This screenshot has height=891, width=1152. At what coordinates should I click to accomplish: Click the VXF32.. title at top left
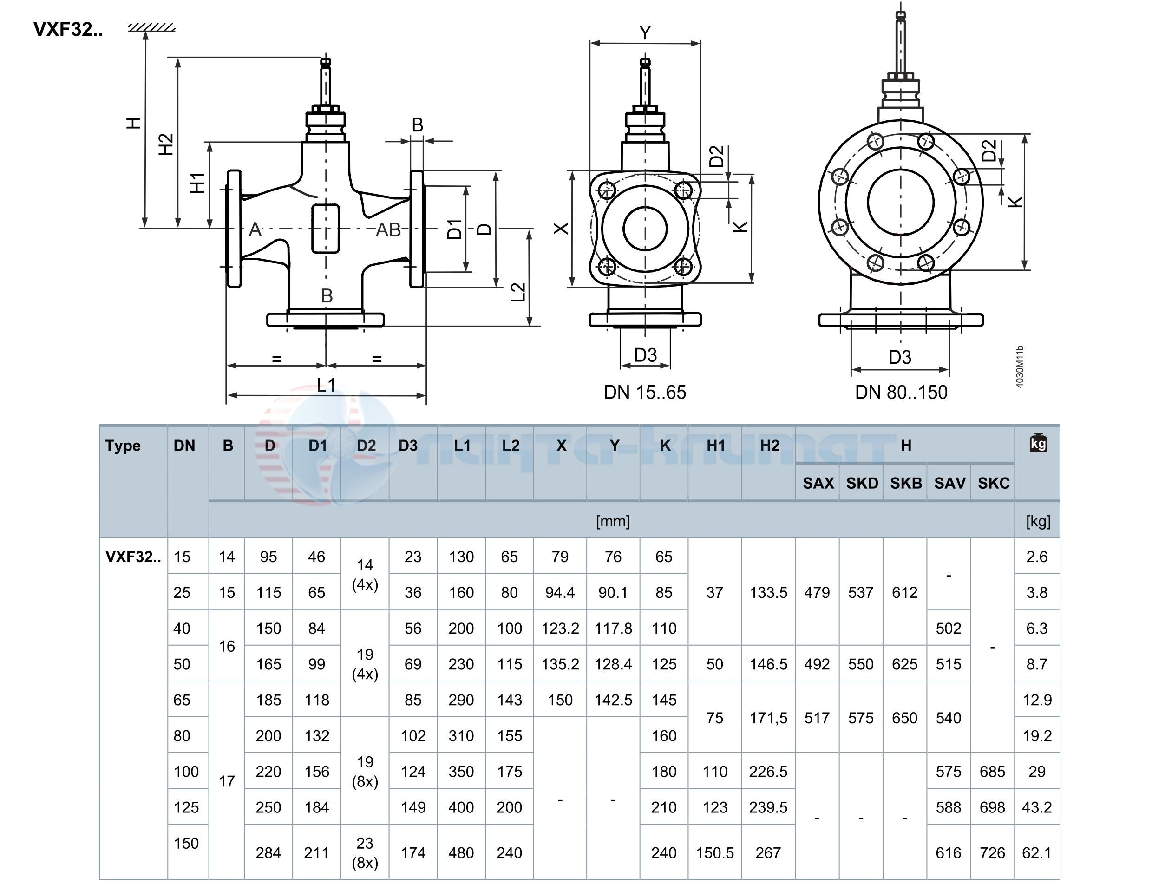[x=68, y=30]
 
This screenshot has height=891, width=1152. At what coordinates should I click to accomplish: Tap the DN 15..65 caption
[x=645, y=393]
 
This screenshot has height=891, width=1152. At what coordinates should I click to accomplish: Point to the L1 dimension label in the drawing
[x=326, y=386]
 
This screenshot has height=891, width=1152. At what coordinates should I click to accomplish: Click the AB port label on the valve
[x=388, y=230]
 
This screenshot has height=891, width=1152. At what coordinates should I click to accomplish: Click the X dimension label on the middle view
[x=561, y=229]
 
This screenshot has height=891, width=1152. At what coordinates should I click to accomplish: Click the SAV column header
[x=949, y=483]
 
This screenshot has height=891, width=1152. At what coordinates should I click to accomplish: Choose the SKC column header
[x=993, y=483]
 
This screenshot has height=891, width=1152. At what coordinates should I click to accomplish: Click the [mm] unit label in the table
[x=612, y=521]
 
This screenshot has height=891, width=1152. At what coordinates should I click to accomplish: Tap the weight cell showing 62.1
[x=1036, y=853]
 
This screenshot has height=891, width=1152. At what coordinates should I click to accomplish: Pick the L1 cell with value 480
[x=461, y=853]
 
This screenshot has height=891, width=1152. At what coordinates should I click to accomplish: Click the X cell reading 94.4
[x=560, y=592]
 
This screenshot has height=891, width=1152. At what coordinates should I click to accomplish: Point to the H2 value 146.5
[x=768, y=664]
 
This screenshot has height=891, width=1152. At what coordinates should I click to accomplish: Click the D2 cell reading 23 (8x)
[x=365, y=853]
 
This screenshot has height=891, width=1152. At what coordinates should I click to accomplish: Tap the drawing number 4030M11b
[x=1020, y=367]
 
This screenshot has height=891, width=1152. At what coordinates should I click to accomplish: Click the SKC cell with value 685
[x=992, y=772]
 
